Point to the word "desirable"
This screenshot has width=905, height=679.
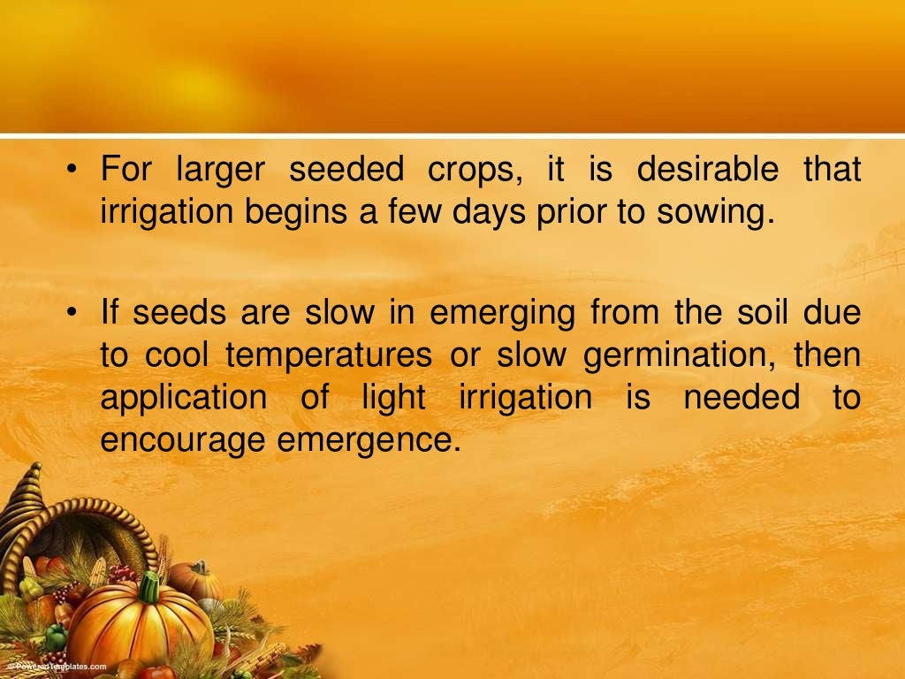tap(708, 170)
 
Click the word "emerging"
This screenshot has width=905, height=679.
tap(502, 314)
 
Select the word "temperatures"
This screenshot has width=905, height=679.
tap(329, 356)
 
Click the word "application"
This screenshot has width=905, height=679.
tap(183, 399)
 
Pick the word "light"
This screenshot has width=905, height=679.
tap(393, 399)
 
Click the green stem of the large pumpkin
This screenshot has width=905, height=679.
tap(149, 586)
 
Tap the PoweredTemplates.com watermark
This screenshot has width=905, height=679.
tap(55, 667)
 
